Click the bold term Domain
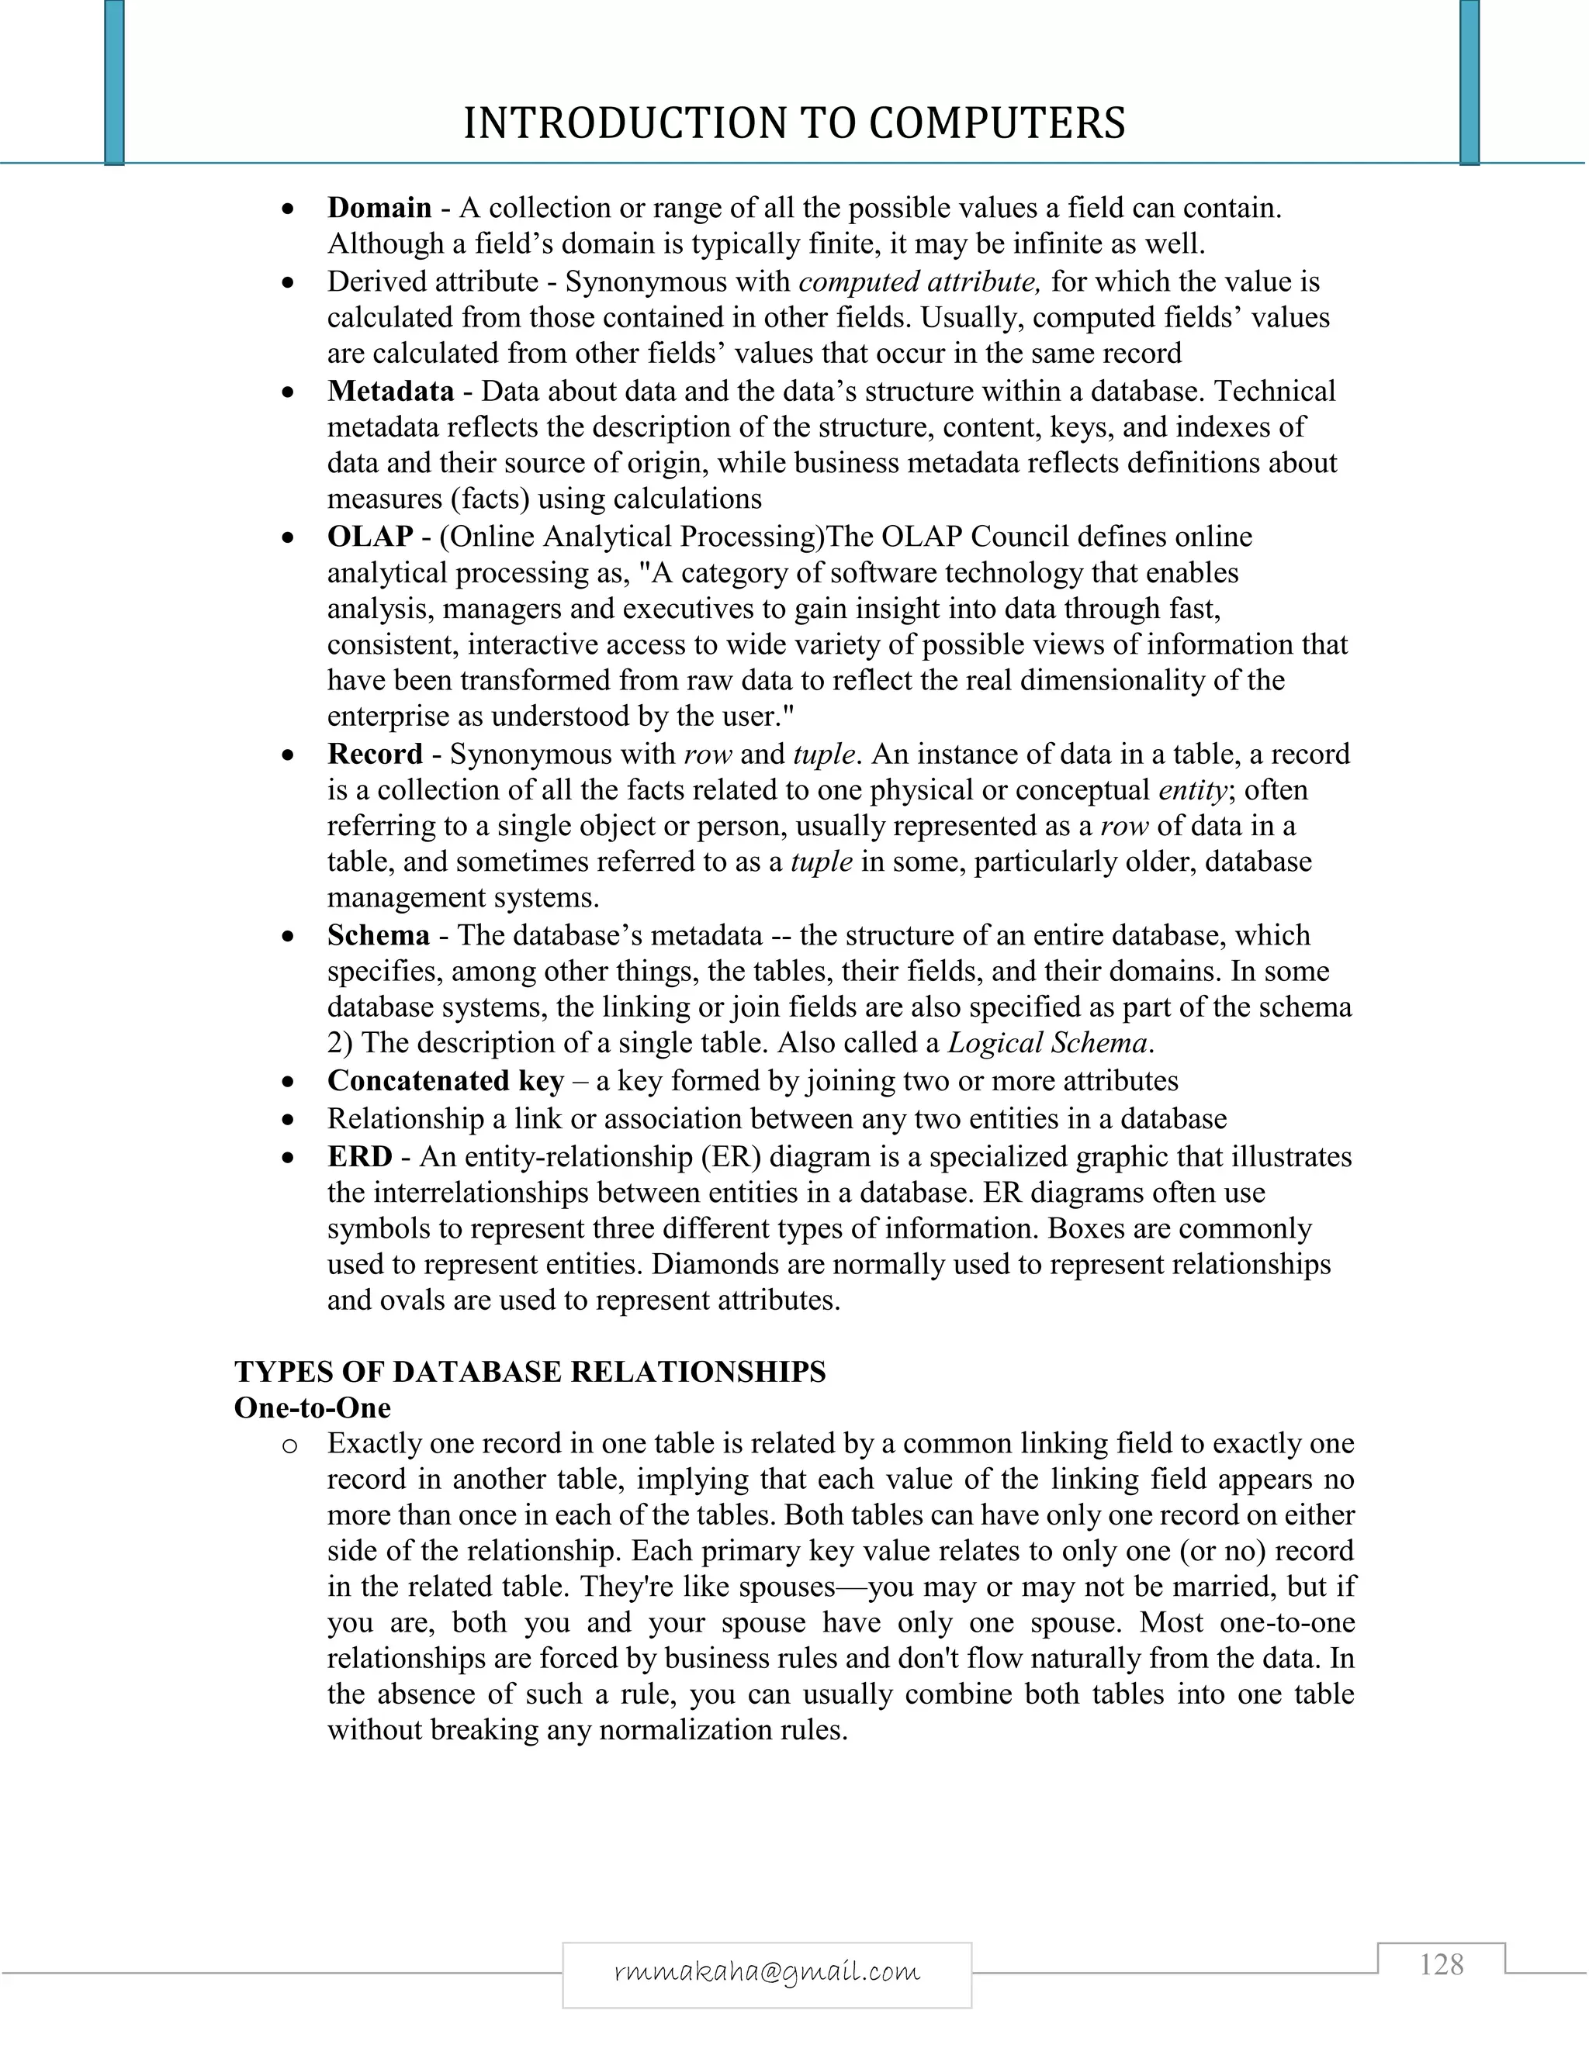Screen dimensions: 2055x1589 tap(379, 208)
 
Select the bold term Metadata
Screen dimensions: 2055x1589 tap(391, 392)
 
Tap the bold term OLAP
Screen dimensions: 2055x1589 tap(370, 537)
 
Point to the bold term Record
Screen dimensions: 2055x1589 tap(375, 754)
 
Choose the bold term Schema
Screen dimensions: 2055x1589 tap(379, 935)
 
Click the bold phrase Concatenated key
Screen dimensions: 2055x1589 tap(445, 1081)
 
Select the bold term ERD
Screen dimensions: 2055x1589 tap(359, 1156)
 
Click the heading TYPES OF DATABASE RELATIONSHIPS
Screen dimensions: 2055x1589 tap(530, 1372)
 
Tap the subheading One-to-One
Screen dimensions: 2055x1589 tap(313, 1407)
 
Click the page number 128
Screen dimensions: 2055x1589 tap(1442, 1965)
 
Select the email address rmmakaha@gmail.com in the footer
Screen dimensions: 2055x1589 tap(767, 1970)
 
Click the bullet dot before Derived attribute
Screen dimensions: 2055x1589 tap(289, 282)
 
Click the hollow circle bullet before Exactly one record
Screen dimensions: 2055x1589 tap(289, 1445)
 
